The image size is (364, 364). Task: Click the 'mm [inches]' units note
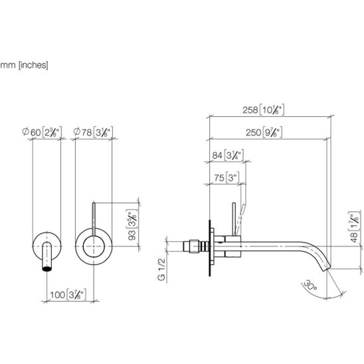coord(24,65)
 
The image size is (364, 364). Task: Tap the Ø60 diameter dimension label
coord(42,132)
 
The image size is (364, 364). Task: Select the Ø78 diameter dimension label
coord(93,132)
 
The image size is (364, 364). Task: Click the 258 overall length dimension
coord(263,110)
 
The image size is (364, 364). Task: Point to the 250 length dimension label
coord(264,132)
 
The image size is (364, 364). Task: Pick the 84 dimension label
coord(228,155)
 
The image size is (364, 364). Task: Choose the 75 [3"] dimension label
coord(227,178)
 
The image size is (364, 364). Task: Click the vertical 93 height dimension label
coord(132,225)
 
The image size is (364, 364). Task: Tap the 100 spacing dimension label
coord(68,295)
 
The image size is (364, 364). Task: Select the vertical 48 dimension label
coord(354,227)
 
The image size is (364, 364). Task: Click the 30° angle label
coord(310,286)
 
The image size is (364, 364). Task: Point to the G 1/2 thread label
coord(161,269)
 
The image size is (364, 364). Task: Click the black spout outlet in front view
coord(47,269)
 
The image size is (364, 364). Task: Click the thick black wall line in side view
coord(210,248)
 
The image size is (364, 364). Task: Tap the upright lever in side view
coord(234,219)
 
